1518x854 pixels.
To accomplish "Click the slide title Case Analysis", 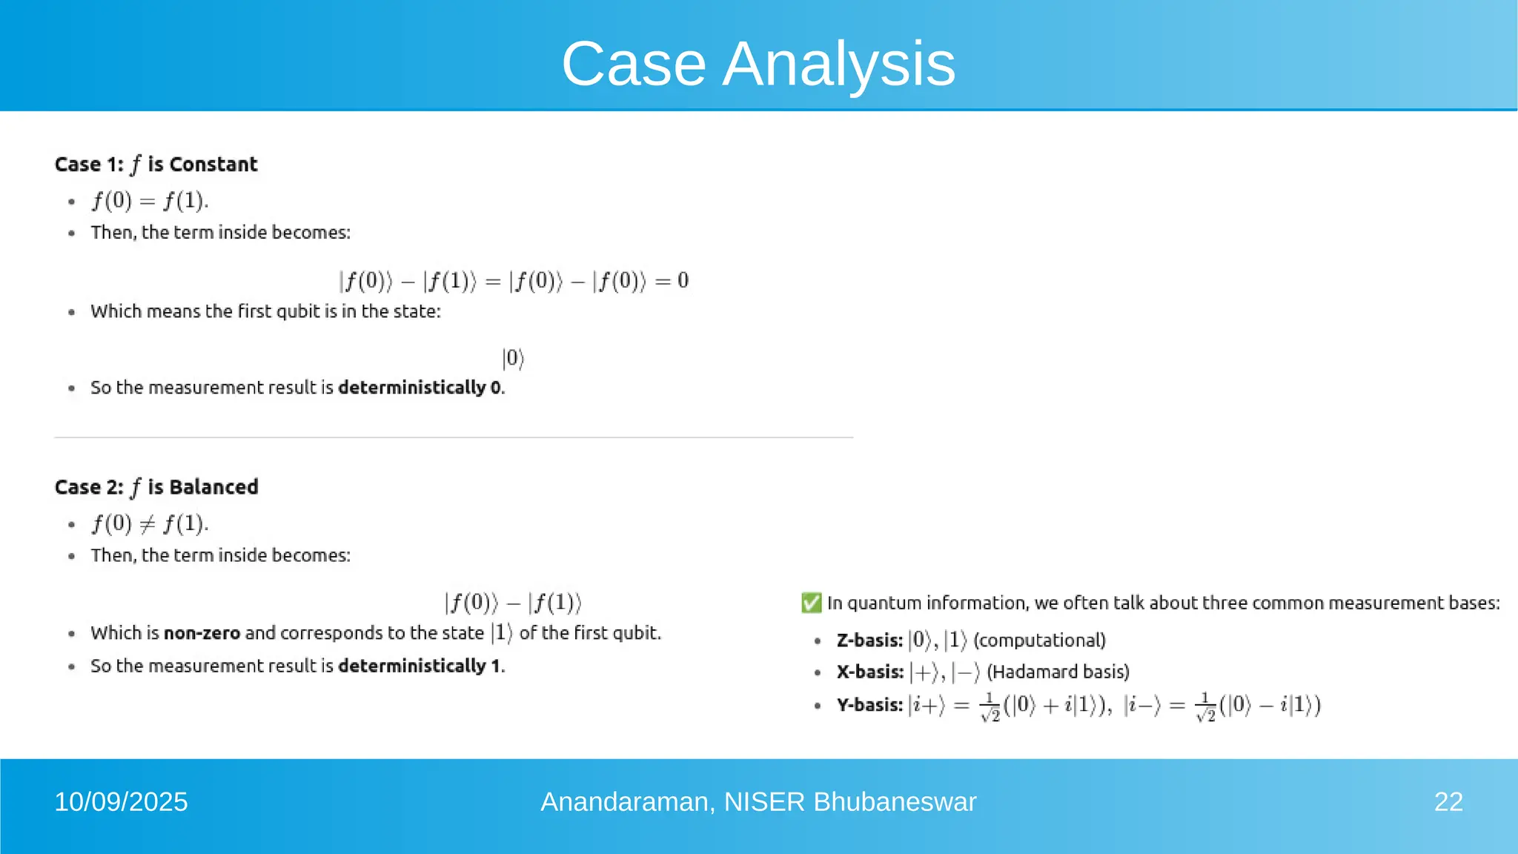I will click(x=758, y=64).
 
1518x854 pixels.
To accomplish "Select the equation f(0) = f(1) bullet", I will click(x=150, y=201).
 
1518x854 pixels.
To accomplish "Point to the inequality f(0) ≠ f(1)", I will click(x=150, y=524).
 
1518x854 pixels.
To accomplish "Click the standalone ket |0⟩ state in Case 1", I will click(x=513, y=359).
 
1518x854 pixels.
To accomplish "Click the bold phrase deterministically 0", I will click(x=420, y=388).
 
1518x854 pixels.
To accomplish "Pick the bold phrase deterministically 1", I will click(x=420, y=666).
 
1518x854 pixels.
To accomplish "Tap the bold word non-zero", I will click(x=202, y=633).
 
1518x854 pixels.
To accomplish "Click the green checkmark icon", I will click(x=811, y=603).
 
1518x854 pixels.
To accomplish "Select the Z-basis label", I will click(x=869, y=640).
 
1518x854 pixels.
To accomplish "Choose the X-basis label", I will click(x=869, y=672).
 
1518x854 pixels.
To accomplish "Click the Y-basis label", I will click(x=869, y=705).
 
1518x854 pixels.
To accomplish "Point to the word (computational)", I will click(x=1039, y=640).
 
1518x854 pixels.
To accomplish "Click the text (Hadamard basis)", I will click(x=1058, y=672).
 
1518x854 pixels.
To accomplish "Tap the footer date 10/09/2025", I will click(x=121, y=802).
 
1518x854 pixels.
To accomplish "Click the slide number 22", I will click(x=1448, y=802).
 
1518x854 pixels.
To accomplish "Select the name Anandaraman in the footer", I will click(x=628, y=802).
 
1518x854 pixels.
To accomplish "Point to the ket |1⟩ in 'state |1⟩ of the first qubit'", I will click(x=502, y=633).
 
